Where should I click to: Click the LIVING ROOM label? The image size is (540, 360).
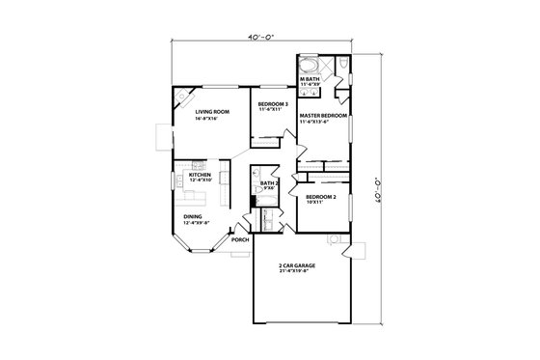pos(211,112)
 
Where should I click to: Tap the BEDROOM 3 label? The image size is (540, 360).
pos(272,102)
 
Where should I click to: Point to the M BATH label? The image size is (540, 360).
pos(312,77)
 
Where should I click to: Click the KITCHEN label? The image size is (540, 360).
pos(200,175)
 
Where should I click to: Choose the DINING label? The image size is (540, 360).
pos(194,217)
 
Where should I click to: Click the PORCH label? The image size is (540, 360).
pos(240,239)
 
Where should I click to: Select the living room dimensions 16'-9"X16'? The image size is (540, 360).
pos(211,119)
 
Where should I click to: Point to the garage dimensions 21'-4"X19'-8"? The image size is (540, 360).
pos(297,270)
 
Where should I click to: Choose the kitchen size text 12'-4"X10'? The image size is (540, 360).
pos(200,180)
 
